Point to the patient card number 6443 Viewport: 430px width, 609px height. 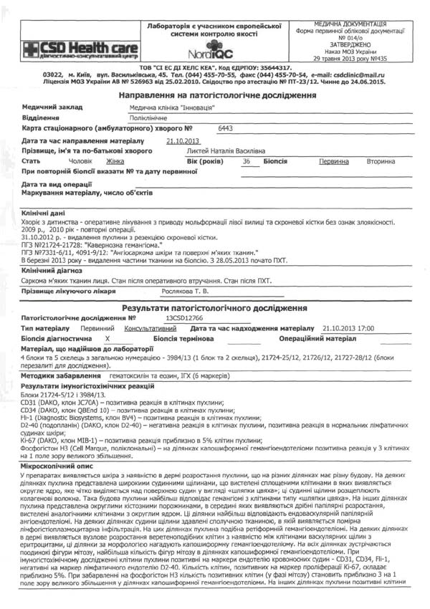coord(225,128)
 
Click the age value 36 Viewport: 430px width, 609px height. coord(246,162)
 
